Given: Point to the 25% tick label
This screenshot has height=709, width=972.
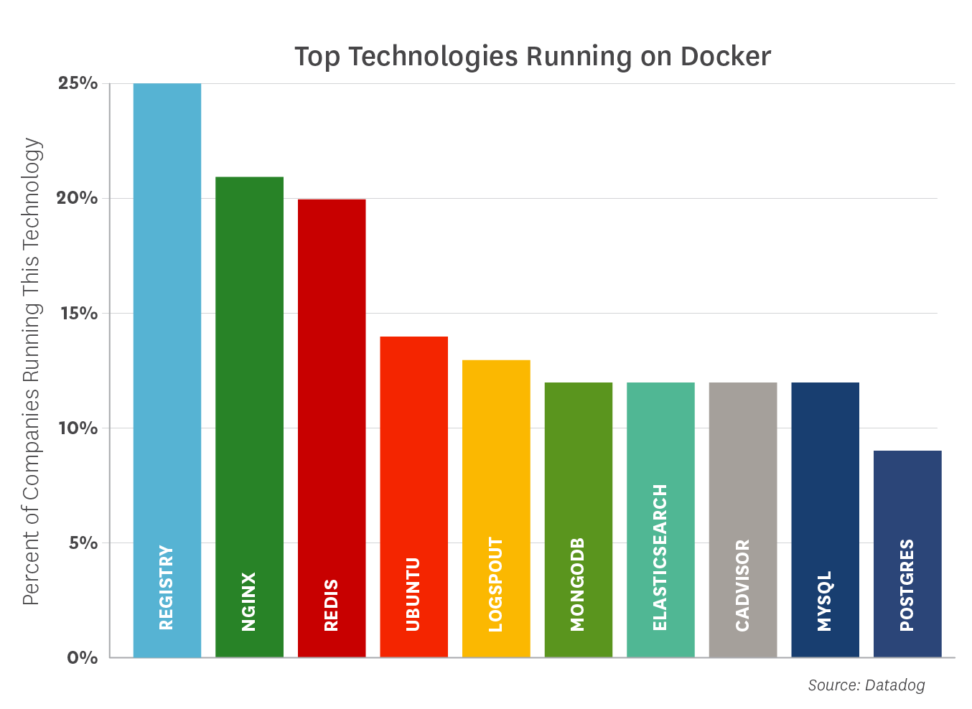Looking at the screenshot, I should click(x=78, y=83).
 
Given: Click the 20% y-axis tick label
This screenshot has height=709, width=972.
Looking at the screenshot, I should click(x=78, y=198).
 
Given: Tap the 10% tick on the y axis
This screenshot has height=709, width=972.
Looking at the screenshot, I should click(x=78, y=428).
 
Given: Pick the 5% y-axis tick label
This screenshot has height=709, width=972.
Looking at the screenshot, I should click(x=83, y=543).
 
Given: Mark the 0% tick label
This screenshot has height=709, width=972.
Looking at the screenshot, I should click(x=83, y=657).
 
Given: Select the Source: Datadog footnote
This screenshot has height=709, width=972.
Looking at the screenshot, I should click(x=866, y=685).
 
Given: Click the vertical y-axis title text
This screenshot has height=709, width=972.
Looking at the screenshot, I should click(x=32, y=370).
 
